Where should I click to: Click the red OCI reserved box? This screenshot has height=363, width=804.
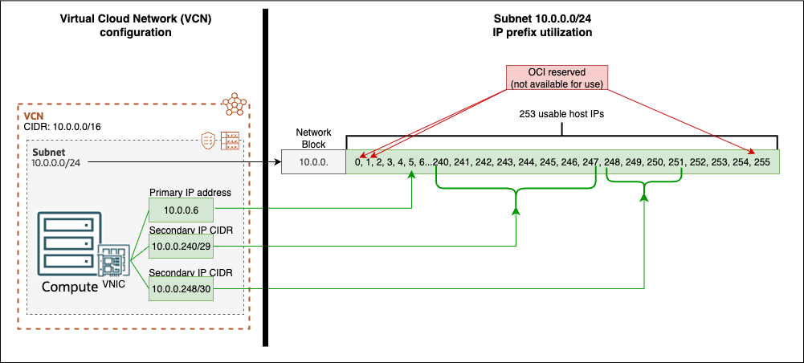pos(556,78)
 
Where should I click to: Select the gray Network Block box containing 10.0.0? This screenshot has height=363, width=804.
pos(313,162)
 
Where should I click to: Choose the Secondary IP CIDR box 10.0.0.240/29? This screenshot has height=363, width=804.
pos(181,247)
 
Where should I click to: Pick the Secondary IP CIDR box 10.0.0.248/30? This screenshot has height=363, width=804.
pos(181,287)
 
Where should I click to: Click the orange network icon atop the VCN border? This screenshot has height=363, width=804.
pos(234,104)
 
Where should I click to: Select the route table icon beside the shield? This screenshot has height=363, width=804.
pos(231,140)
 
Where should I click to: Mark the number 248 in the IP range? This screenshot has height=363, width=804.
pos(612,162)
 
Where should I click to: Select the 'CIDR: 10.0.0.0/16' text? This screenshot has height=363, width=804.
pos(63,127)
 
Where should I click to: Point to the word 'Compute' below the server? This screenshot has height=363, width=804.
pos(70,287)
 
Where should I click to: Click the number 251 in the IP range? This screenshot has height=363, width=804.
pos(675,162)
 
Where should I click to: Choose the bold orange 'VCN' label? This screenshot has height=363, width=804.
pos(34,116)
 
